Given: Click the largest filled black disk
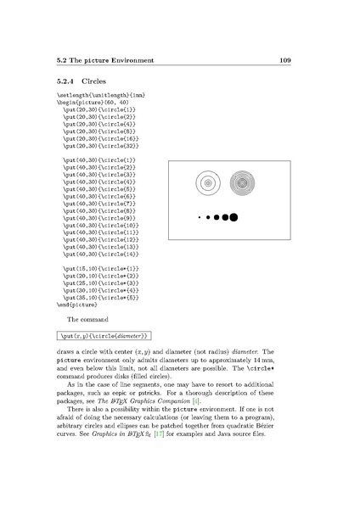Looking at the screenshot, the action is tap(233, 218).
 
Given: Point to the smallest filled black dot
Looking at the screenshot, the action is tap(198, 218).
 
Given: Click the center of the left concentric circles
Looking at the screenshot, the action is tap(206, 182).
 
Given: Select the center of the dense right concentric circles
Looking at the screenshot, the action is tap(242, 182).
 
